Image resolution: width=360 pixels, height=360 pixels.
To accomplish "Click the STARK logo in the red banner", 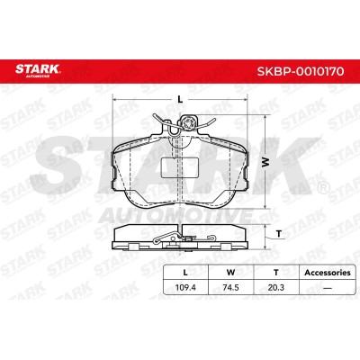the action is (x=38, y=70).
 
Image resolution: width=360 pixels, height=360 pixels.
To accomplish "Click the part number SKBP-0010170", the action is (x=301, y=71).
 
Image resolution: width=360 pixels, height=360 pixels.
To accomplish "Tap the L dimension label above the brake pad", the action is (x=180, y=99).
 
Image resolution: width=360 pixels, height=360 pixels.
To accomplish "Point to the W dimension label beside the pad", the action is (x=265, y=162).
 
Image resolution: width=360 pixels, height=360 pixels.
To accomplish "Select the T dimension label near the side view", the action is (x=279, y=233).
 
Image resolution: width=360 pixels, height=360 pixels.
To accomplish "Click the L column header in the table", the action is (x=185, y=273).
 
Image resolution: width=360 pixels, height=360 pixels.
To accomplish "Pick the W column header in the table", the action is (x=230, y=273).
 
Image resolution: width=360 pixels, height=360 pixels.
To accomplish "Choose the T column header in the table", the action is (x=276, y=273).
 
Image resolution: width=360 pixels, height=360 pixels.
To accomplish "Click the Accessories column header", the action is (x=328, y=273).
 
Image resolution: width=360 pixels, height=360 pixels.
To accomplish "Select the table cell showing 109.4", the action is (x=185, y=287).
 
